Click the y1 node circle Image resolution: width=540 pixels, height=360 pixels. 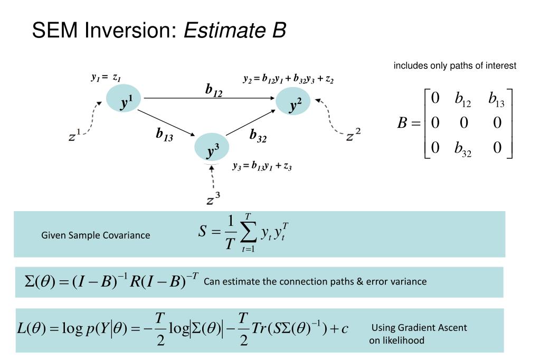pyautogui.click(x=123, y=99)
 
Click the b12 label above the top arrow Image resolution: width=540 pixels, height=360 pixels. pyautogui.click(x=214, y=90)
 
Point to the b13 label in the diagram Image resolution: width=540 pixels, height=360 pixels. pyautogui.click(x=164, y=135)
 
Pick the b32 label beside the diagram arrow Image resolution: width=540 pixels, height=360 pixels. pyautogui.click(x=258, y=136)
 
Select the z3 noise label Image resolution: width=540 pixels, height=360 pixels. pyautogui.click(x=213, y=200)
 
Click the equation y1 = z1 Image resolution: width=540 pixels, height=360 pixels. pyautogui.click(x=106, y=78)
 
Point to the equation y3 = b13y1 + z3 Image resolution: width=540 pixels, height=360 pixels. pyautogui.click(x=262, y=166)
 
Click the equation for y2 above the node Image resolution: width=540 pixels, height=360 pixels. pyautogui.click(x=288, y=79)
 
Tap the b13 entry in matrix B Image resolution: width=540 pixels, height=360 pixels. pyautogui.click(x=496, y=99)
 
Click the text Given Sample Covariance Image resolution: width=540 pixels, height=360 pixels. pyautogui.click(x=96, y=235)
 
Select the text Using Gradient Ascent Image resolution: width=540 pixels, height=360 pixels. pyautogui.click(x=419, y=328)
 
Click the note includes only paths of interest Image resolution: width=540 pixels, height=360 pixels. pyautogui.click(x=454, y=66)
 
